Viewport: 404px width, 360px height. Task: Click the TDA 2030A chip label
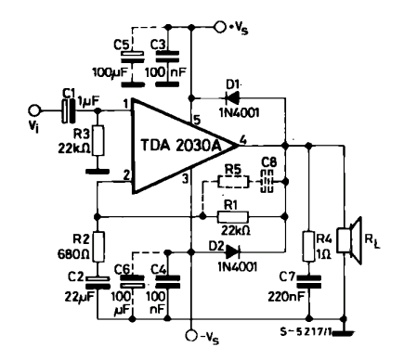pyautogui.click(x=182, y=146)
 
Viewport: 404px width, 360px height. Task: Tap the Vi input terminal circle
pyautogui.click(x=33, y=110)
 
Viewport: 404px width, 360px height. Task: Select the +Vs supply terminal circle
pyautogui.click(x=220, y=27)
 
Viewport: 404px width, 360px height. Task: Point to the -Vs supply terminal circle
pyautogui.click(x=191, y=336)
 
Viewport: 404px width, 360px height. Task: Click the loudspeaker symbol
pyautogui.click(x=349, y=240)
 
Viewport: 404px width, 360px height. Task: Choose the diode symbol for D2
pyautogui.click(x=233, y=251)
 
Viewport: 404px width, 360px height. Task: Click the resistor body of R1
pyautogui.click(x=233, y=217)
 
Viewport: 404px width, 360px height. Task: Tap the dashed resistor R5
pyautogui.click(x=233, y=182)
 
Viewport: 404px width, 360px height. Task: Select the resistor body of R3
pyautogui.click(x=98, y=140)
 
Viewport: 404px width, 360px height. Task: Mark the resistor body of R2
pyautogui.click(x=98, y=246)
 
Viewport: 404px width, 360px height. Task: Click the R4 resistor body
pyautogui.click(x=308, y=246)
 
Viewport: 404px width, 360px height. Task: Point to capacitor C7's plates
pyautogui.click(x=308, y=282)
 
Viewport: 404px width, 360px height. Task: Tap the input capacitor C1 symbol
pyautogui.click(x=69, y=110)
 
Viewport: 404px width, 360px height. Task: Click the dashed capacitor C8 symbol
pyautogui.click(x=267, y=182)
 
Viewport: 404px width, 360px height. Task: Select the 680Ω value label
pyautogui.click(x=73, y=254)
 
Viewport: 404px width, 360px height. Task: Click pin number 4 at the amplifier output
pyautogui.click(x=243, y=140)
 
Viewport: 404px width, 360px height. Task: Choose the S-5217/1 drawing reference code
pyautogui.click(x=306, y=332)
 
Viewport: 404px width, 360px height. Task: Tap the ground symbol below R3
pyautogui.click(x=98, y=172)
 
